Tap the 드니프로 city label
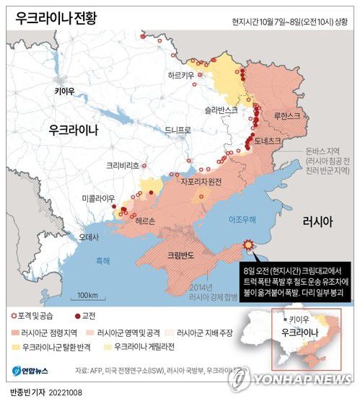(x=177, y=131)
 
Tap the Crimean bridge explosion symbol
(x=249, y=245)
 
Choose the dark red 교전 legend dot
(x=77, y=317)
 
